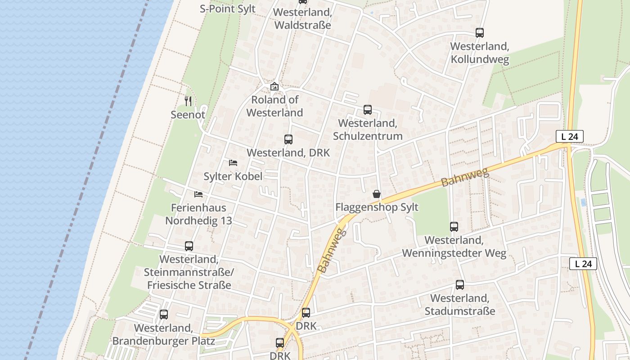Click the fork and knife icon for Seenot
click(x=188, y=101)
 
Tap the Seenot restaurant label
click(x=188, y=115)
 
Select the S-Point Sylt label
click(x=228, y=9)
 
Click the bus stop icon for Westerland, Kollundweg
click(x=480, y=33)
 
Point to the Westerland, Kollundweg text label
click(x=480, y=53)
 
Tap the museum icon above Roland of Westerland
click(x=274, y=86)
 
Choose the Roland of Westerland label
click(x=274, y=106)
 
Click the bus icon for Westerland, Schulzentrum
click(x=368, y=110)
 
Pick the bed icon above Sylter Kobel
click(x=233, y=162)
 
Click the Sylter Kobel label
click(x=233, y=176)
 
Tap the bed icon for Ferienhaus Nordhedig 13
click(x=198, y=194)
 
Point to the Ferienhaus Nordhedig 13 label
click(x=198, y=214)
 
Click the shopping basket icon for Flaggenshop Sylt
click(x=377, y=194)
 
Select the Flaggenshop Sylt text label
click(x=377, y=207)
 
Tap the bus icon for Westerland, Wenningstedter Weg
click(x=454, y=227)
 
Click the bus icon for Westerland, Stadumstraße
click(x=460, y=285)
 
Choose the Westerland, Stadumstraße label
click(x=460, y=305)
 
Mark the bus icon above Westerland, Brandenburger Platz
click(x=164, y=315)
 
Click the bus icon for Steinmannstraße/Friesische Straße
click(x=189, y=246)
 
